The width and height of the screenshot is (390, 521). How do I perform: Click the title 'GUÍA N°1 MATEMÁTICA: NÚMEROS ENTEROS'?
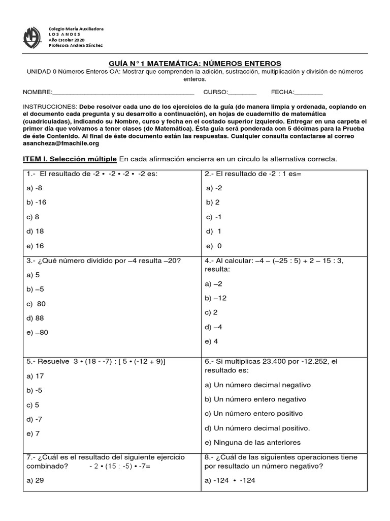(195, 63)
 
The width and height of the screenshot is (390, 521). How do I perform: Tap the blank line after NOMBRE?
(123, 93)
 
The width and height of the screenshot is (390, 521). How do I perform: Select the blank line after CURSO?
(243, 93)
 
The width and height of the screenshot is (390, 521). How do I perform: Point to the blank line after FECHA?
(308, 93)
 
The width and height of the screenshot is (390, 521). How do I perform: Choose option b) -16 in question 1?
(36, 202)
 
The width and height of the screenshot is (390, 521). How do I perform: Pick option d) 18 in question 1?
(35, 231)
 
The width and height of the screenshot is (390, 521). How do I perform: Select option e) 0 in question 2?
(214, 246)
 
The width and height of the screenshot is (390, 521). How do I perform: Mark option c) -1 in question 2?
(214, 217)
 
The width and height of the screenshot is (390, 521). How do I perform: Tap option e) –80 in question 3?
(37, 332)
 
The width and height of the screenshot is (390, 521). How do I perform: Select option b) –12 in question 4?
(215, 298)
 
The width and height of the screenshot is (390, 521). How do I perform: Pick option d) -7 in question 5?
(35, 420)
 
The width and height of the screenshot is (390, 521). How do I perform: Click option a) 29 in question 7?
(35, 480)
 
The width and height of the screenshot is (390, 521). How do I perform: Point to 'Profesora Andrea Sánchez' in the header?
(75, 45)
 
